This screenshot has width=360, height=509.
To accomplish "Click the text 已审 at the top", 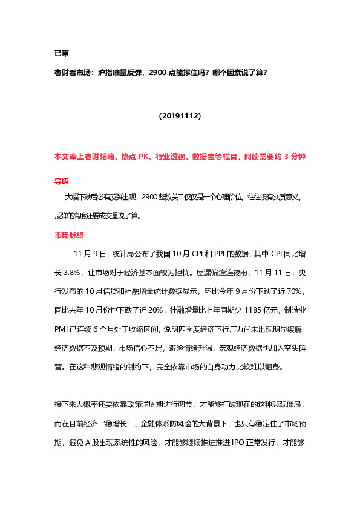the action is coord(62,53).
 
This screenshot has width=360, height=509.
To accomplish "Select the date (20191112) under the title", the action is coord(180,114).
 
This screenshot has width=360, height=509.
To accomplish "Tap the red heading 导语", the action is coord(62,180).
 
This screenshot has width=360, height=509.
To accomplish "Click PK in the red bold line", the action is coord(143,157).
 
